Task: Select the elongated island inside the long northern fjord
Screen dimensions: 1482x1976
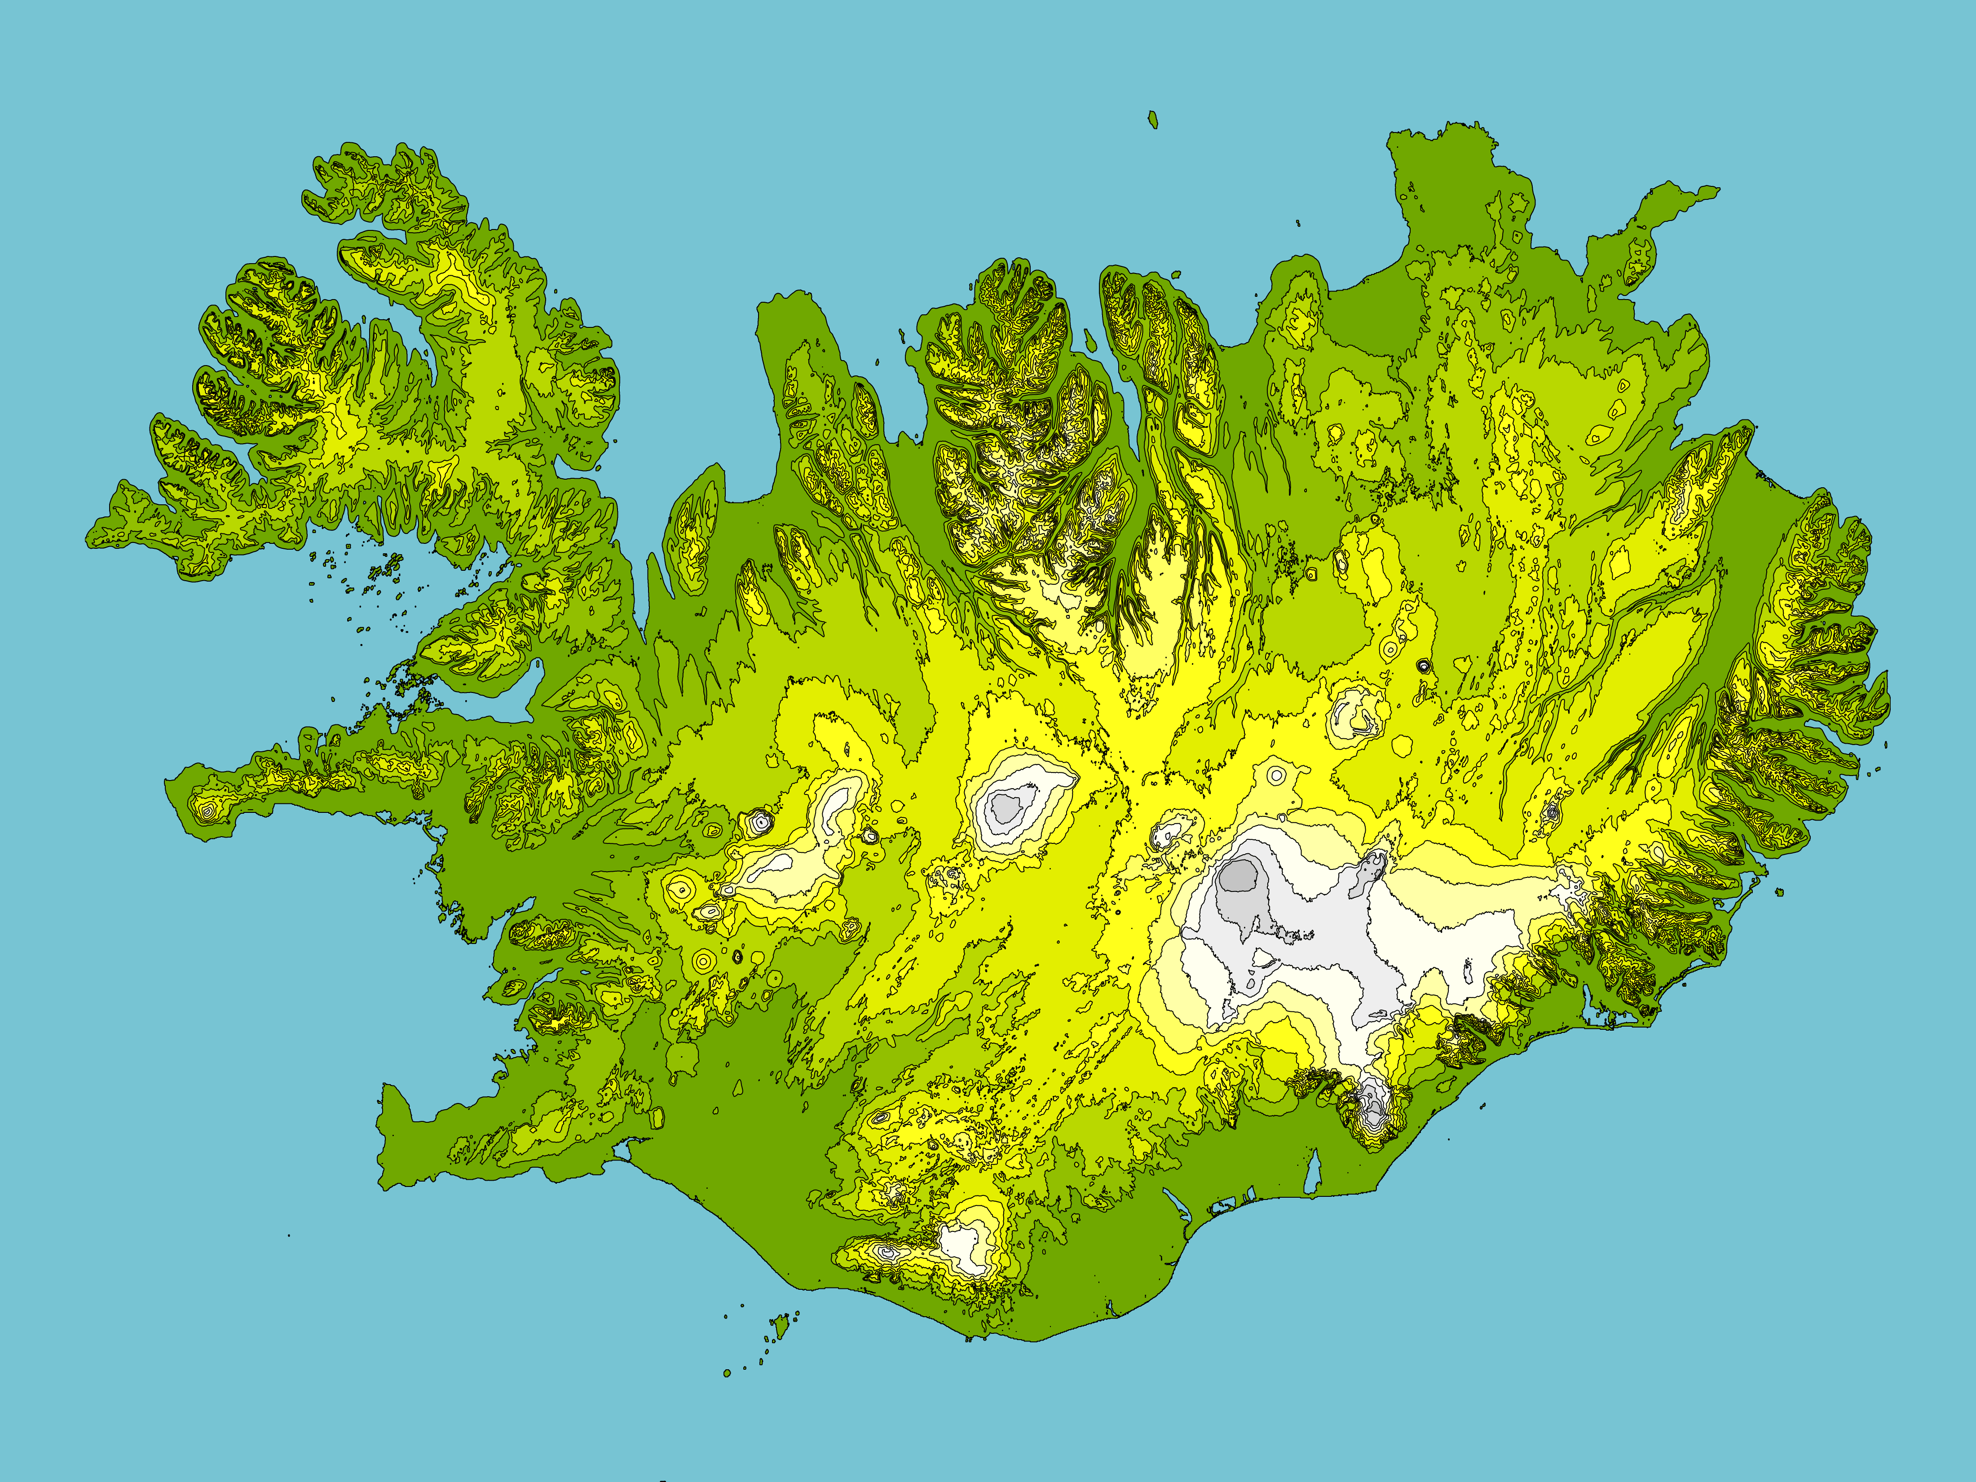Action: point(1091,341)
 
